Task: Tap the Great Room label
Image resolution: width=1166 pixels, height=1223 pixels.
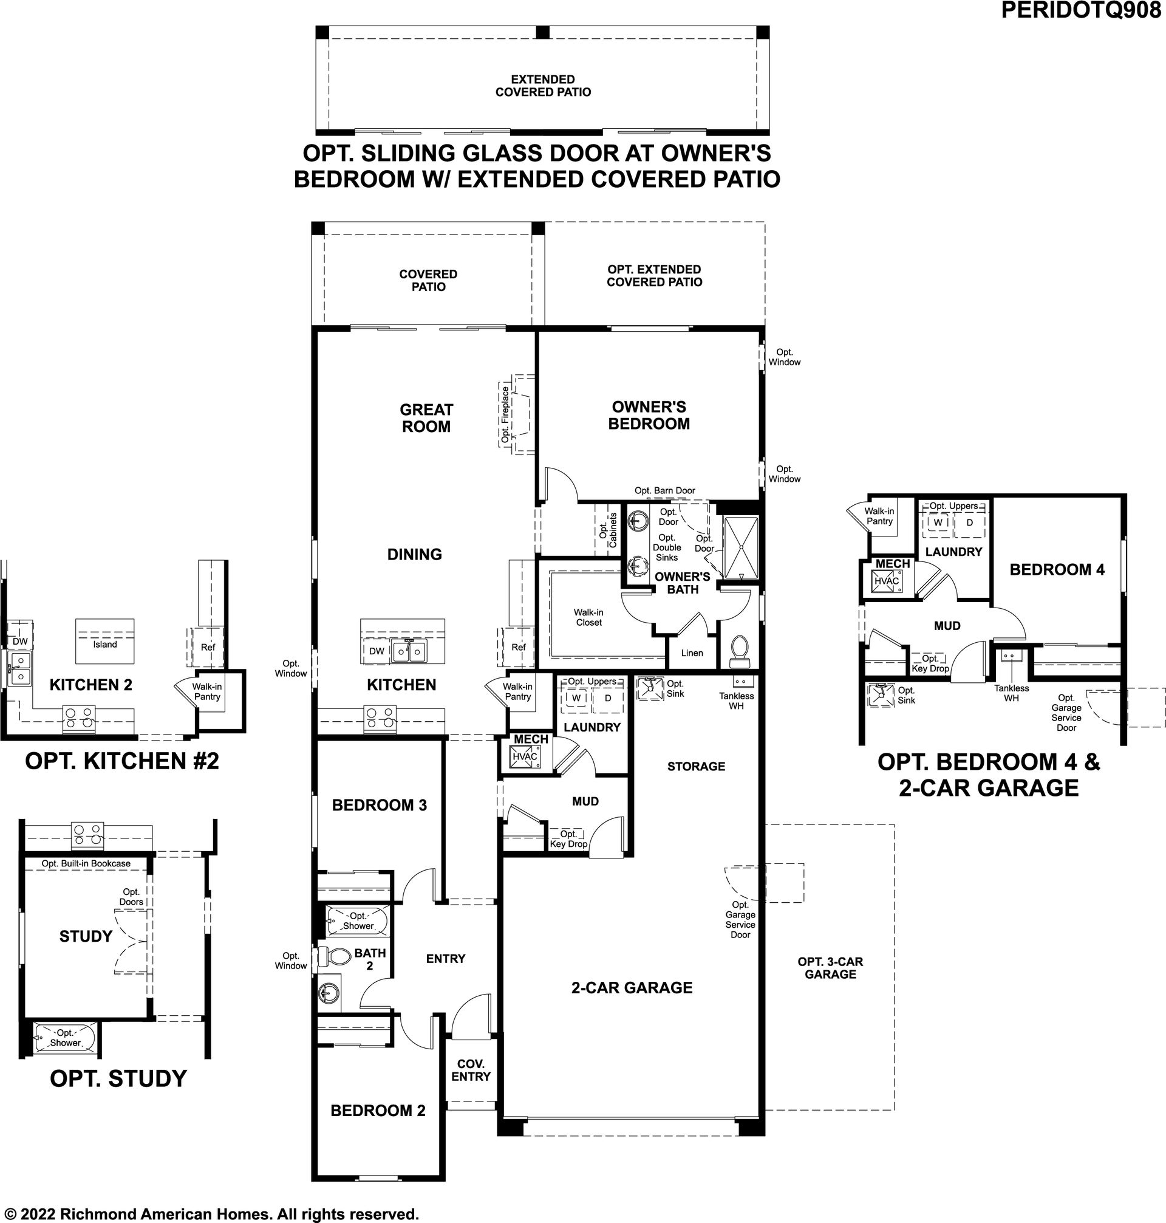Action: click(426, 418)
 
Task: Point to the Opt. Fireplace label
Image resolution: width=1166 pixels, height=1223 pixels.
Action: click(505, 414)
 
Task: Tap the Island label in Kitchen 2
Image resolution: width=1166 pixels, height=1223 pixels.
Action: click(105, 644)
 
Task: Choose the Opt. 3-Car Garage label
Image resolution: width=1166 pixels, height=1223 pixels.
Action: click(830, 967)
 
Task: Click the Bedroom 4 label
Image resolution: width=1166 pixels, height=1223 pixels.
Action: click(1057, 569)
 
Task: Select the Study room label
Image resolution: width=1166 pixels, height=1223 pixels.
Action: click(86, 936)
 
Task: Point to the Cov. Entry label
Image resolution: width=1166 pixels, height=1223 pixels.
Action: click(471, 1070)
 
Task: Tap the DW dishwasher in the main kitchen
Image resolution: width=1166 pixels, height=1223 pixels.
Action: click(377, 651)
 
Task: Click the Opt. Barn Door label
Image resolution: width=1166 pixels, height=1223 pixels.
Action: click(664, 490)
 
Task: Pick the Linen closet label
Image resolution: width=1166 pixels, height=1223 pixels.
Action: click(692, 653)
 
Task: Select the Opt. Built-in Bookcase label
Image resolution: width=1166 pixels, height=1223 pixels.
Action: click(86, 863)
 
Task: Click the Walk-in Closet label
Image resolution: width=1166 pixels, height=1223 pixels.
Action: click(588, 617)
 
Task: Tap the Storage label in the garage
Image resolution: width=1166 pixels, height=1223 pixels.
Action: click(696, 767)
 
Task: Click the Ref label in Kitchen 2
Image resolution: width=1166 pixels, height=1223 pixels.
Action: click(208, 647)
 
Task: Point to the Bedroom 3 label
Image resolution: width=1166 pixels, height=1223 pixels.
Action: click(379, 805)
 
